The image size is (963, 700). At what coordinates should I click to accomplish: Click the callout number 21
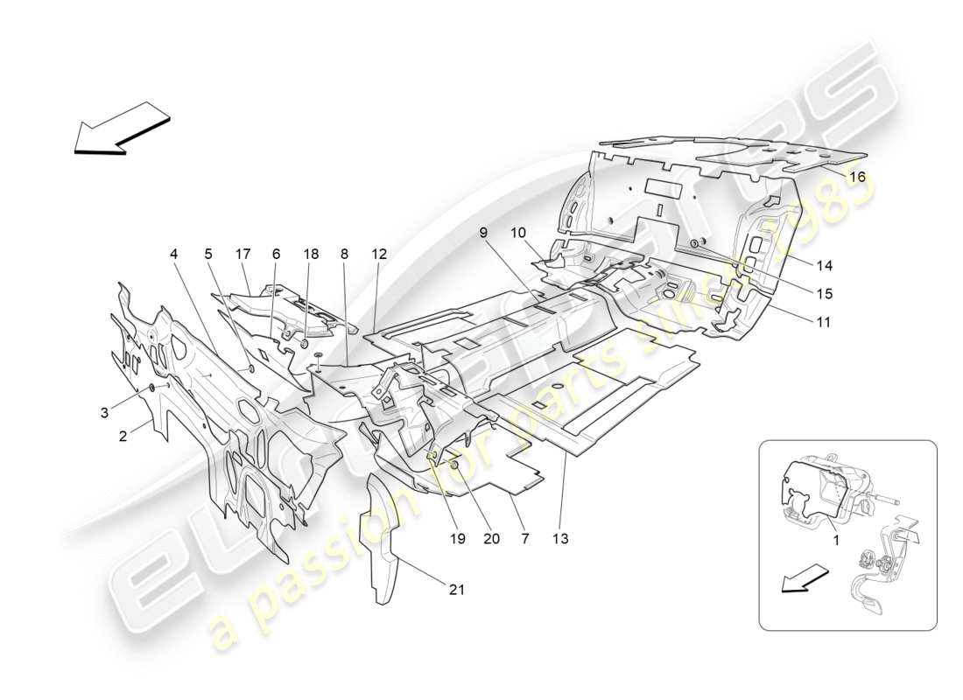[x=456, y=590]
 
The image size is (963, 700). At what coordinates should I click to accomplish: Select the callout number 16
[x=857, y=177]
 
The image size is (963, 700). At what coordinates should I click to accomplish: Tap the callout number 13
[x=560, y=539]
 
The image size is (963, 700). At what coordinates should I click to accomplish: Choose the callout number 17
[x=243, y=254]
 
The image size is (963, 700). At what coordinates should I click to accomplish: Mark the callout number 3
[x=104, y=411]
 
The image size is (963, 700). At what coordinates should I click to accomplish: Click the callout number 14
[x=826, y=266]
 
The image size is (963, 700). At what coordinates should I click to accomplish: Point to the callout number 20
[x=491, y=539]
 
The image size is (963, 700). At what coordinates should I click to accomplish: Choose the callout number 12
[x=378, y=254]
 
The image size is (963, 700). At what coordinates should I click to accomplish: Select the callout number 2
[x=123, y=435]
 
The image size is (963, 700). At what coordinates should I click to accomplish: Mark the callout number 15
[x=826, y=294]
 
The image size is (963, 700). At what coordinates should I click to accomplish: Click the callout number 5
[x=207, y=254]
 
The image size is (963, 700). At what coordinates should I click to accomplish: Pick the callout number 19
[x=456, y=539]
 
